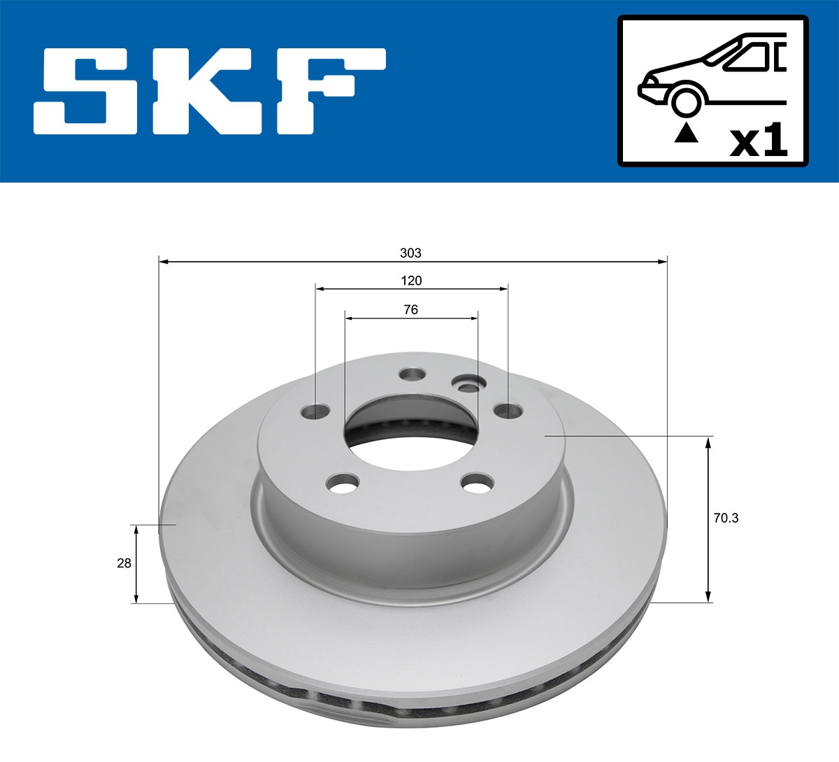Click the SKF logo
[210, 91]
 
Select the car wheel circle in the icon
[686, 101]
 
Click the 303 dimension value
[411, 253]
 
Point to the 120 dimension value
[411, 281]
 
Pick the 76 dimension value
[411, 309]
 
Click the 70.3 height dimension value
[726, 518]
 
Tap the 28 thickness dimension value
[124, 563]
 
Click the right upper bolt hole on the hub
[507, 410]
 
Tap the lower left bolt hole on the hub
[343, 483]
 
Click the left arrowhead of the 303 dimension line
[164, 262]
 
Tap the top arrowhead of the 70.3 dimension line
[709, 442]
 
